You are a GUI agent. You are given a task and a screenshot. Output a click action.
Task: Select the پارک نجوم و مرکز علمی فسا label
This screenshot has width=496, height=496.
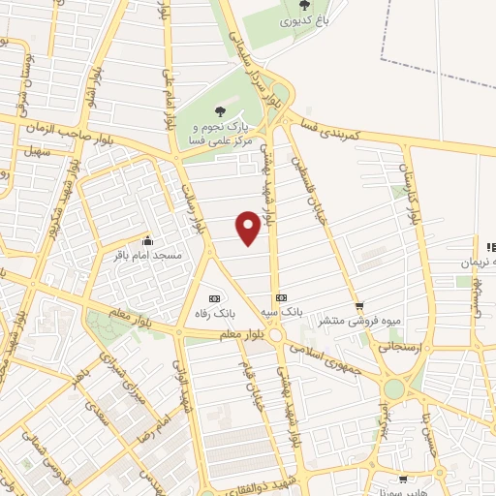point(218,134)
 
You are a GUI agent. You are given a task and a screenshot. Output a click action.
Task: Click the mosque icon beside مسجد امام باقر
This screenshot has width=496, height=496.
point(147,242)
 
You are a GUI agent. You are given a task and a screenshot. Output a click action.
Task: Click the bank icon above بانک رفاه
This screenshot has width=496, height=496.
point(214,297)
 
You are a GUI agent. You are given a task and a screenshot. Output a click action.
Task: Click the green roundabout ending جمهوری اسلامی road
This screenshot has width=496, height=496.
point(394,388)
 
